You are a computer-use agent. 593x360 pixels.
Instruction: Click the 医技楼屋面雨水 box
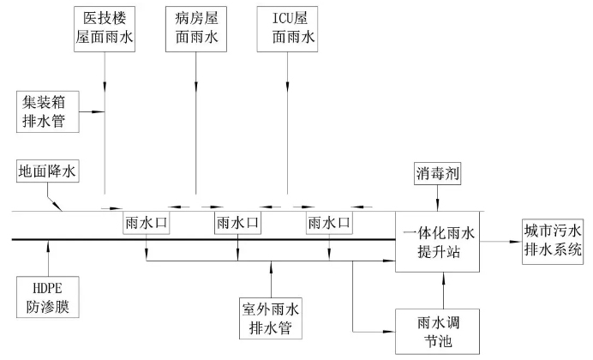tap(105, 28)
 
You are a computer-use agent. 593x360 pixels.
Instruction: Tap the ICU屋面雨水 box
tap(287, 28)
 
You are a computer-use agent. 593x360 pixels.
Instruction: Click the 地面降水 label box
tap(48, 171)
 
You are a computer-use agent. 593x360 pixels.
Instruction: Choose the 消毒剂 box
tap(439, 172)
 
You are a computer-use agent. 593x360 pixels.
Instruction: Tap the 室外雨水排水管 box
tap(272, 317)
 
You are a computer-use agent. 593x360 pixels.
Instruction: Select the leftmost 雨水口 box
tap(147, 224)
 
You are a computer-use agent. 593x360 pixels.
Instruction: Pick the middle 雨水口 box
tap(238, 224)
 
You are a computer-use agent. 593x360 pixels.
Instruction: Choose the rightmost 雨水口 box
tap(330, 224)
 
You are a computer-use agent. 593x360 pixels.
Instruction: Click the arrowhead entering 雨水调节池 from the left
tap(390, 330)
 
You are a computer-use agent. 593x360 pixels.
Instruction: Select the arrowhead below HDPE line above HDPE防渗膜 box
tap(49, 245)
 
